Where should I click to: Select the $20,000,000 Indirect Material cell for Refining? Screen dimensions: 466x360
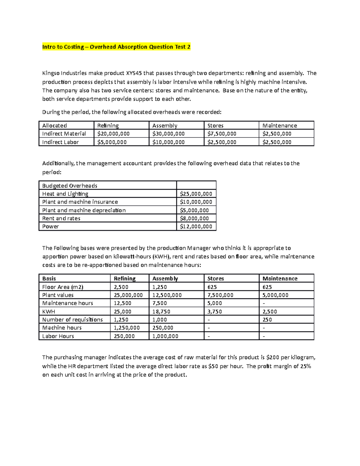click(113, 134)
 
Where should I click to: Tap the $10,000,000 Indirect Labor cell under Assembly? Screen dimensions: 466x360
click(168, 142)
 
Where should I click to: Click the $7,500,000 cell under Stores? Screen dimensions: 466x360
click(222, 134)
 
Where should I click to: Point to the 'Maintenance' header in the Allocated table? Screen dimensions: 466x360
click(280, 126)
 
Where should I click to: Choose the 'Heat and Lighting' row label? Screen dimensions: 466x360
click(65, 194)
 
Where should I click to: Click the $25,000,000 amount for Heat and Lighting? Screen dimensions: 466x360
click(196, 194)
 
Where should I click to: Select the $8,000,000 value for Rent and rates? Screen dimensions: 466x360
click(194, 218)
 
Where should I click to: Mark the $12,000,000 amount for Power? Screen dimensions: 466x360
click(196, 227)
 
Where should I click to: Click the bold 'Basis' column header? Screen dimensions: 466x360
click(49, 279)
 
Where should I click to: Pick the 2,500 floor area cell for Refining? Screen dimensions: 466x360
click(121, 287)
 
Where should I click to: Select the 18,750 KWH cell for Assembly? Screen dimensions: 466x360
click(161, 312)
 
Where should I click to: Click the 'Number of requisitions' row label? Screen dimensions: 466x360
click(72, 320)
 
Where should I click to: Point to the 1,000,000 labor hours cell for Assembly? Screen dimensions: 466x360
click(165, 336)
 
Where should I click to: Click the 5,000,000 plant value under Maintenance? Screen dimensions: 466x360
click(275, 295)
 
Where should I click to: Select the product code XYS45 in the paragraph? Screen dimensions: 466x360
click(134, 73)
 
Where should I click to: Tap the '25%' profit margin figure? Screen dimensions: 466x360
click(305, 366)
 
